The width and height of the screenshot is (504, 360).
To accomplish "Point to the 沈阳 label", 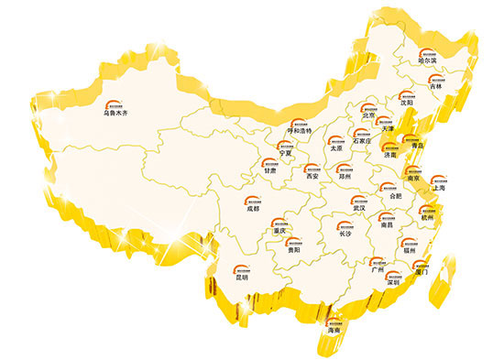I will click(x=407, y=104).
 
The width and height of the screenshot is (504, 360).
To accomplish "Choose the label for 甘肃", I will click(x=269, y=170).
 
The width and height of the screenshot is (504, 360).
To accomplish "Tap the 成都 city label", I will click(x=253, y=209).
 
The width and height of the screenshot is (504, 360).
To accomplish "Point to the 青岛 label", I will click(x=419, y=146).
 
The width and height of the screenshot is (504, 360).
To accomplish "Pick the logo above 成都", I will click(x=253, y=198).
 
